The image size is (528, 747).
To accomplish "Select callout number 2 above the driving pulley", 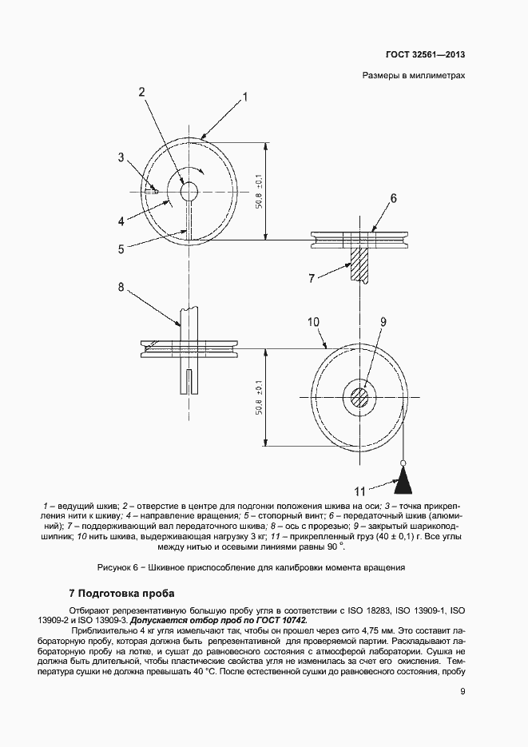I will point(141,92).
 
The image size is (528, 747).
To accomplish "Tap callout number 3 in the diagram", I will point(121,157).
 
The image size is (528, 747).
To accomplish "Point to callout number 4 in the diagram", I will point(121,221).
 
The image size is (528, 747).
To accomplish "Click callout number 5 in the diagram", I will point(121,248).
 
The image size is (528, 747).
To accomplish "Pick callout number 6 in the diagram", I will point(393,197).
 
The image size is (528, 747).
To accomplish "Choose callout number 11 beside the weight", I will point(359,491).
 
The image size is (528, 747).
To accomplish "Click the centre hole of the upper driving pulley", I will point(189,192).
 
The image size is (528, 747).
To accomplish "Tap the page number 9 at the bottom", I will point(462,713).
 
